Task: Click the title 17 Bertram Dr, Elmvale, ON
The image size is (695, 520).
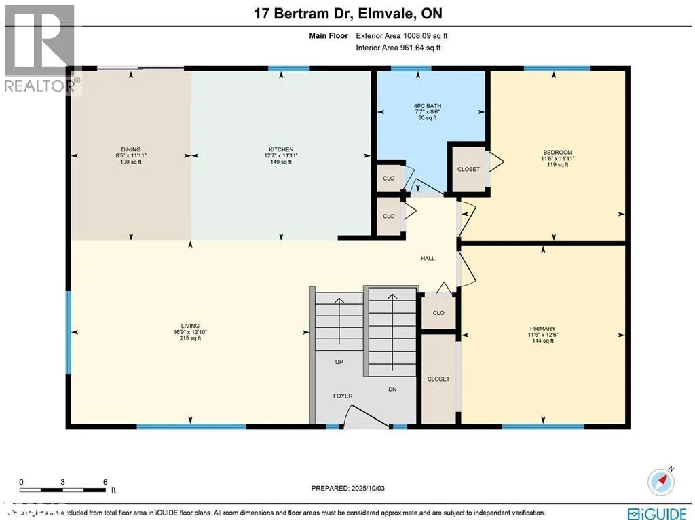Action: (347, 14)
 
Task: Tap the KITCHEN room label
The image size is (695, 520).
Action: (280, 149)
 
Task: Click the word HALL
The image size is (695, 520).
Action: (427, 258)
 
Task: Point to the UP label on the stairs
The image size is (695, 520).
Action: (339, 363)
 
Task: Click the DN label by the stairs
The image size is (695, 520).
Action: (392, 390)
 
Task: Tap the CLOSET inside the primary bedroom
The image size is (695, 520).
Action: (438, 379)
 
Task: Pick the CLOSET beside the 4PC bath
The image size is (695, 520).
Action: (468, 169)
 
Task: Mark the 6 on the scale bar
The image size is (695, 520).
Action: (105, 481)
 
